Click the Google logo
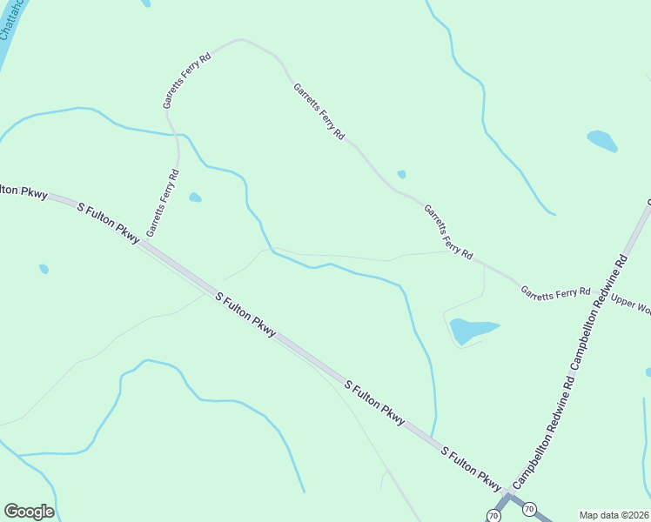click(x=29, y=512)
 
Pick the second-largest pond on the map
click(x=602, y=140)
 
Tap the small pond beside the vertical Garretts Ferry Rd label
click(x=195, y=197)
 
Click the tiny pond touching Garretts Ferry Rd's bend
click(x=401, y=174)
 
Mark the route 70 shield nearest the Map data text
click(x=530, y=508)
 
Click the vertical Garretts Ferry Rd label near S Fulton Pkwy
click(x=163, y=203)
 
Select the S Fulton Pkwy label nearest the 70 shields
click(x=473, y=471)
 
